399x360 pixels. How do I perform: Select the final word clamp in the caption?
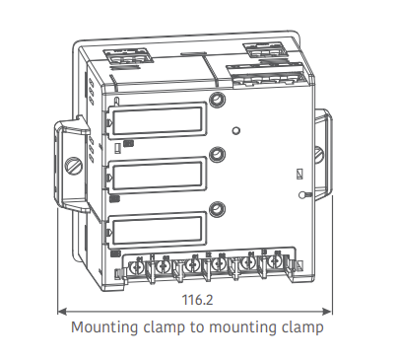302,326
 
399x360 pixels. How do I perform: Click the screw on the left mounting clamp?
72,167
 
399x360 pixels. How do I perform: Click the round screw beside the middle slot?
216,154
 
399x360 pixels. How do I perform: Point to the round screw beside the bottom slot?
216,208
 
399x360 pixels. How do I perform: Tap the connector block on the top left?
128,55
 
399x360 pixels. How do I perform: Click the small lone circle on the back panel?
234,129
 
